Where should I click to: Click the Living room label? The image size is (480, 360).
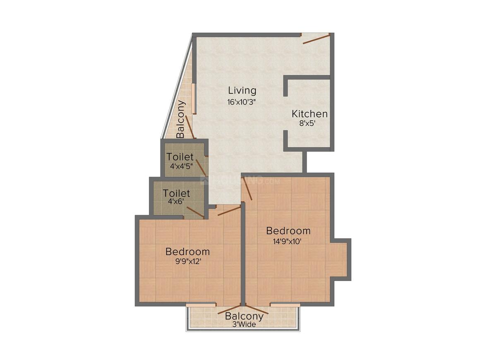click(242, 91)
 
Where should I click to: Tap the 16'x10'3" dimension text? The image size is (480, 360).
click(242, 102)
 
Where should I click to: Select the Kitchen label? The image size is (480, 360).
click(310, 114)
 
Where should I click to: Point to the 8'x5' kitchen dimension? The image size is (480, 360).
click(307, 123)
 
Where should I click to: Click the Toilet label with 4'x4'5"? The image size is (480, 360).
click(180, 157)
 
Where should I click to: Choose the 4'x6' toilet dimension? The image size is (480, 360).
click(176, 202)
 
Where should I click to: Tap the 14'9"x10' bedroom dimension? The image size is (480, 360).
click(288, 241)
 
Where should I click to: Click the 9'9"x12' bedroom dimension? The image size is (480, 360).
click(187, 262)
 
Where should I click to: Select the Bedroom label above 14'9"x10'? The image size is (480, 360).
click(288, 230)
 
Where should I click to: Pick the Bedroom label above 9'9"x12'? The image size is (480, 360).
click(187, 252)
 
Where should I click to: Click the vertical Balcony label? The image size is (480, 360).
click(181, 119)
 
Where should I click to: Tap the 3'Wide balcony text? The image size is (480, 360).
click(244, 324)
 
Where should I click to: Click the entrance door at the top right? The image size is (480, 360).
click(316, 38)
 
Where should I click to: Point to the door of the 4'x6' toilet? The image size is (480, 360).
click(195, 212)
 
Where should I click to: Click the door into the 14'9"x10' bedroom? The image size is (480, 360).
click(247, 189)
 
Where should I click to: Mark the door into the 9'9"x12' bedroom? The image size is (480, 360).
click(229, 210)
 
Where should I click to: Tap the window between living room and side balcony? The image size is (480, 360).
click(194, 98)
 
